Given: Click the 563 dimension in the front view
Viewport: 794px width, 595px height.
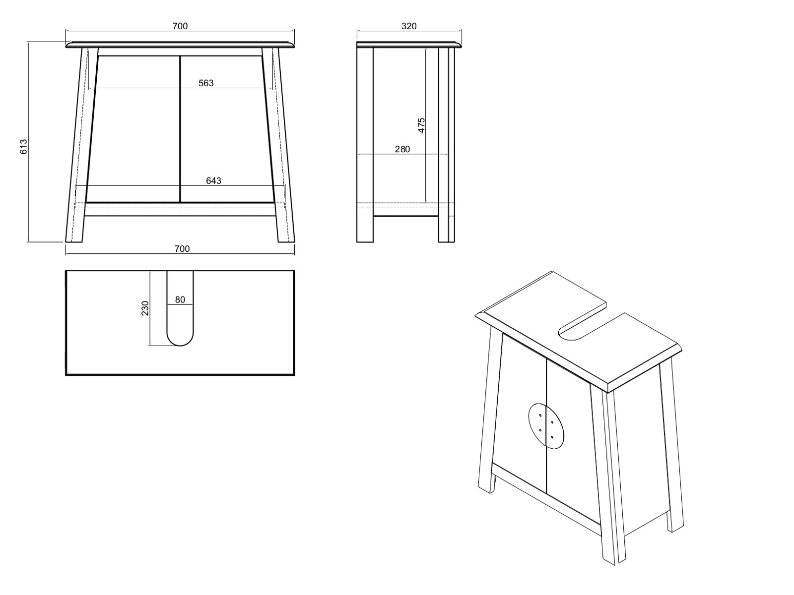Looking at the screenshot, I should pyautogui.click(x=206, y=83).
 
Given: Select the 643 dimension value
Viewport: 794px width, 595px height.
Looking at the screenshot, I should pyautogui.click(x=213, y=181).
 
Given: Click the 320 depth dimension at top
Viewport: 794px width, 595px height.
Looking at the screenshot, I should pyautogui.click(x=408, y=26).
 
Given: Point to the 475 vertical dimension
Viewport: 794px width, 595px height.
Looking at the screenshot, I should pyautogui.click(x=421, y=125).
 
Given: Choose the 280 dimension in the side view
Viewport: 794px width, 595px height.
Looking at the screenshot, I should pyautogui.click(x=402, y=149).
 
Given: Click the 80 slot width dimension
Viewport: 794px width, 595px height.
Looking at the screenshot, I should pyautogui.click(x=180, y=300).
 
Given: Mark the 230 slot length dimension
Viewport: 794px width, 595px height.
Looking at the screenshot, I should pyautogui.click(x=145, y=308).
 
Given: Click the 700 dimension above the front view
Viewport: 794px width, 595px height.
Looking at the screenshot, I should pyautogui.click(x=180, y=26).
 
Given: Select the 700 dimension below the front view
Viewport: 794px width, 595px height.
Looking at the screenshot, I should pyautogui.click(x=182, y=249).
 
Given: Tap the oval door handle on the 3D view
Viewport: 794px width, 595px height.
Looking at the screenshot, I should pyautogui.click(x=546, y=426).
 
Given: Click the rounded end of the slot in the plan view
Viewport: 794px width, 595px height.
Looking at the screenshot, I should pyautogui.click(x=180, y=340).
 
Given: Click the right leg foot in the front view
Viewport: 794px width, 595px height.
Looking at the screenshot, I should pyautogui.click(x=286, y=238).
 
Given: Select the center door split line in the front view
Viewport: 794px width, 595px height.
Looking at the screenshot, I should pyautogui.click(x=180, y=129).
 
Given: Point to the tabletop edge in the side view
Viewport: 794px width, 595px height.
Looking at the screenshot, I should pyautogui.click(x=409, y=45).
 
